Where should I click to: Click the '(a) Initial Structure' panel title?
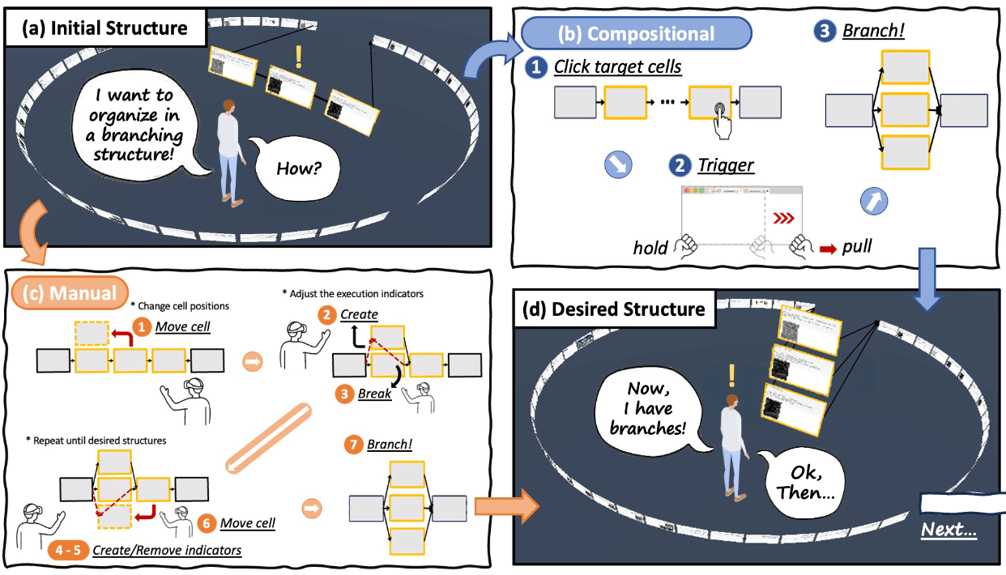[x=105, y=29]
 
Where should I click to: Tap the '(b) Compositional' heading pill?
[x=637, y=33]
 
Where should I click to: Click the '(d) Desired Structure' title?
[x=614, y=309]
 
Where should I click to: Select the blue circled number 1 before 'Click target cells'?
[x=535, y=67]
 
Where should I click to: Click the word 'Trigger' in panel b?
[x=725, y=166]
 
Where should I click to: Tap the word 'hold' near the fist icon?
[x=650, y=247]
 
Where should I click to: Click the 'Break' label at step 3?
[x=375, y=394]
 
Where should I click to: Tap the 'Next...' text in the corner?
[x=948, y=531]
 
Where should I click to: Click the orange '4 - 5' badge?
[x=67, y=550]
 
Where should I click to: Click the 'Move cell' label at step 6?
[x=247, y=523]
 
